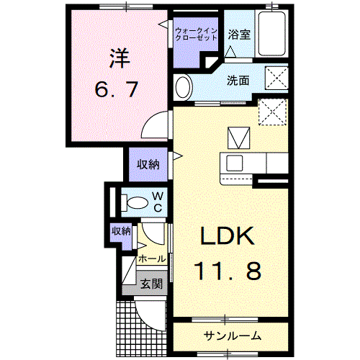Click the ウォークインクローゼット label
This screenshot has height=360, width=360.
click(x=196, y=33)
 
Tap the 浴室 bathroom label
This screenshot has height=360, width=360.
click(x=240, y=34)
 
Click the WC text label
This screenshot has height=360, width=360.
click(x=159, y=201)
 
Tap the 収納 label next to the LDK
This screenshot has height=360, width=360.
click(x=148, y=164)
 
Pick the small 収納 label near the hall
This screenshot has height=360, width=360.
click(x=121, y=231)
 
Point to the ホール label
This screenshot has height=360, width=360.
click(x=152, y=258)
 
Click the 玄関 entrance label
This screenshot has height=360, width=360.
click(x=151, y=284)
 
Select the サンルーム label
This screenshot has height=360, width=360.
click(x=231, y=336)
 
